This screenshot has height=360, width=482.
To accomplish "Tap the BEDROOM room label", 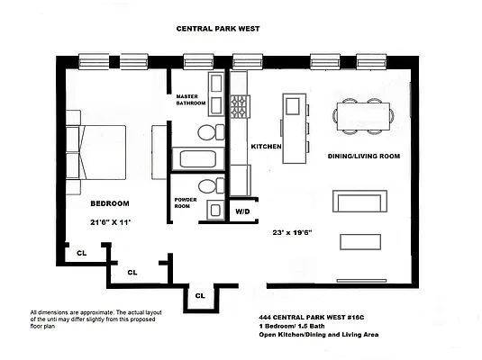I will tap(110, 203).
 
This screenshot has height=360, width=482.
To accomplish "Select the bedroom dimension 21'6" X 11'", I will tap(110, 222).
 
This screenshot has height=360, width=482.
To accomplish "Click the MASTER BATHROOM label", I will tap(191, 100).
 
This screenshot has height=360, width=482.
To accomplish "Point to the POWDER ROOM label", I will tap(186, 203).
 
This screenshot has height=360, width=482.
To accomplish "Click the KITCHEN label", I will tap(267, 147).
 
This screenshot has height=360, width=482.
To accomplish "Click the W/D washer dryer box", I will tap(242, 212).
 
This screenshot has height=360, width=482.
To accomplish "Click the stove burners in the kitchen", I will tap(241, 107).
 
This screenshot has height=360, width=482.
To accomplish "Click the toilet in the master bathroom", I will tap(207, 134).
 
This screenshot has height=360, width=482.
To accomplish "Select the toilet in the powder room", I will tap(208, 187).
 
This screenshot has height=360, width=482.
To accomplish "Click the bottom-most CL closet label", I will tap(200, 294).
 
